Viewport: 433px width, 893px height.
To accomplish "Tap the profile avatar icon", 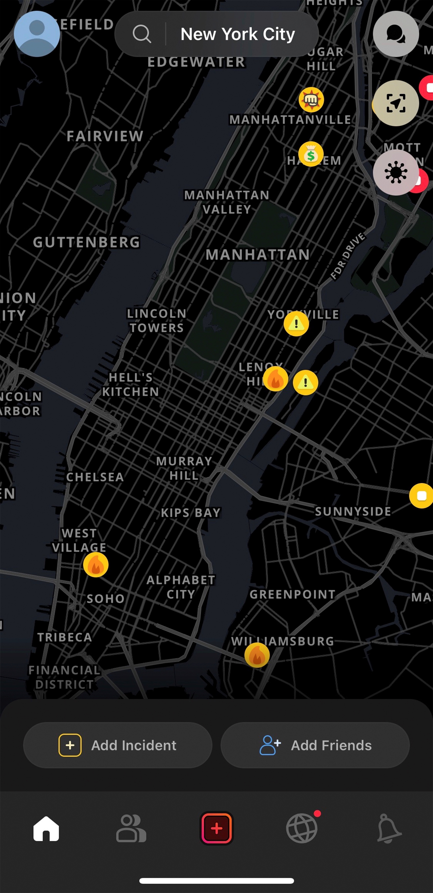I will [37, 34].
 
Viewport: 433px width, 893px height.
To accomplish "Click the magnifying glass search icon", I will [142, 34].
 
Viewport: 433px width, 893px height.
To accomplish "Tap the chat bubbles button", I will [395, 34].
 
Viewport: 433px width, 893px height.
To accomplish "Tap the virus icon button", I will [395, 172].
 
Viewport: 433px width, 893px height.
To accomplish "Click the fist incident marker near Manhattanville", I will [311, 100].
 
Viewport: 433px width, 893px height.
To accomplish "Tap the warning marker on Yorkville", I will [296, 324].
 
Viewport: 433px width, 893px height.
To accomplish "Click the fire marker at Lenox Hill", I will [275, 379].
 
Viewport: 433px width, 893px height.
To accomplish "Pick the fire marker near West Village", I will [96, 565].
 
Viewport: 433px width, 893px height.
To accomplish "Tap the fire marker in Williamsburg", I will [257, 655].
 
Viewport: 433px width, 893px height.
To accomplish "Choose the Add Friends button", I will [315, 745].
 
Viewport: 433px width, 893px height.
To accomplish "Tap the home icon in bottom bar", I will [46, 829].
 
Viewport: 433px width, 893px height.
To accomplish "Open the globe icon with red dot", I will [302, 828].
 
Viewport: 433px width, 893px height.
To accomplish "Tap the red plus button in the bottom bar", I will [216, 828].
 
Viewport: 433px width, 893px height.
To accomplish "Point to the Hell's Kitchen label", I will [130, 385].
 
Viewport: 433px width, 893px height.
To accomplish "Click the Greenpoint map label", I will [292, 594].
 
